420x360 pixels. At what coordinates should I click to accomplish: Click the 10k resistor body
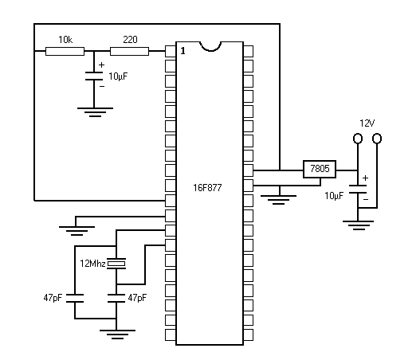tap(65, 51)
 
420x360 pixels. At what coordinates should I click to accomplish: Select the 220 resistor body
tap(129, 51)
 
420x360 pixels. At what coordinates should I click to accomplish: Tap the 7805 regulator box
tap(320, 169)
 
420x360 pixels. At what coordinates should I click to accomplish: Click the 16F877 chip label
tap(207, 188)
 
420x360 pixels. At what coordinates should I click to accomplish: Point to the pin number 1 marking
tap(183, 51)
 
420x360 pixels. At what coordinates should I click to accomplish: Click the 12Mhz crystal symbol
tap(116, 264)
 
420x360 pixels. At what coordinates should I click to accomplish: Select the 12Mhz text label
tap(92, 264)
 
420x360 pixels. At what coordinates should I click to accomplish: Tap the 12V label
tap(367, 123)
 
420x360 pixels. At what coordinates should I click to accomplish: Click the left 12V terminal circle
tap(358, 139)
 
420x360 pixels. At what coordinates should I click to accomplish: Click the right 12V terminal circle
tap(377, 139)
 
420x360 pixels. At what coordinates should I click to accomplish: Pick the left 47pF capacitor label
tap(53, 298)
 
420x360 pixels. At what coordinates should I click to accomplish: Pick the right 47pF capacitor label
tap(137, 298)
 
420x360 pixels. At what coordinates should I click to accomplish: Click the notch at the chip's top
tap(210, 47)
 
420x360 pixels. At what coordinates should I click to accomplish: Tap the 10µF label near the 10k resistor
tap(118, 76)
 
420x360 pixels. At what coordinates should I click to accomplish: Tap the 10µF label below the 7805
tap(334, 196)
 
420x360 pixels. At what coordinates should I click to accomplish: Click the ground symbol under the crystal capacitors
tap(117, 335)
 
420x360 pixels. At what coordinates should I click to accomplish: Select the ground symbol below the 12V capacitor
tap(358, 225)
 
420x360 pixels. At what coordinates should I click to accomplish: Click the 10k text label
tap(65, 40)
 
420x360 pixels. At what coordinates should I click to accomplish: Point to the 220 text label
tap(130, 40)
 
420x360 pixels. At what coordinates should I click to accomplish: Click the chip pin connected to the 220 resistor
tap(171, 51)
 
